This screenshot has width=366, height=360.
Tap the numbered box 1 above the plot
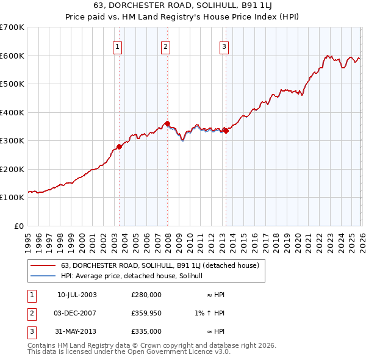click(117, 45)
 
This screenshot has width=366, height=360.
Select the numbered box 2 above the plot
click(165, 45)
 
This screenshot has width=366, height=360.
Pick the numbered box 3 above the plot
click(224, 45)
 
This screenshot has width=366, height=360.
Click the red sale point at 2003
click(119, 146)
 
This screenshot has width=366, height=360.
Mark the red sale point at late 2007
click(167, 124)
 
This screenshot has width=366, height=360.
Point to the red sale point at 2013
click(226, 131)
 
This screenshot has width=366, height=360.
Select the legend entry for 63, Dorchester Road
click(160, 265)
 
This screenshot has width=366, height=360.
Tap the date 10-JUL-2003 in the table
click(77, 295)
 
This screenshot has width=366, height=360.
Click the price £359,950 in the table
click(146, 313)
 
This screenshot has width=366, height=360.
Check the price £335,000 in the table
click(146, 331)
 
